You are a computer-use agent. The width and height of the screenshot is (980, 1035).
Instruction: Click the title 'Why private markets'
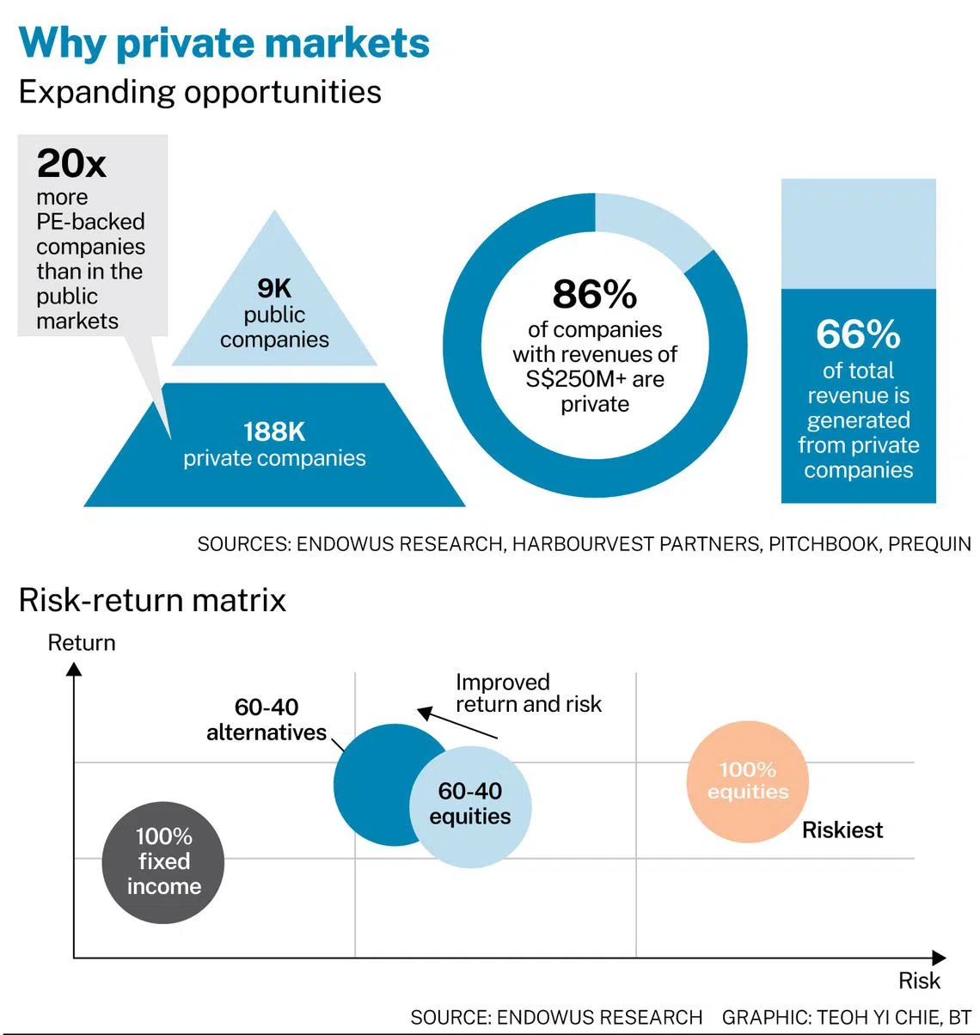click(x=224, y=43)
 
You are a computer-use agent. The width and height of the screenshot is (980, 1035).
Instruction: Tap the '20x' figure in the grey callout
click(x=71, y=162)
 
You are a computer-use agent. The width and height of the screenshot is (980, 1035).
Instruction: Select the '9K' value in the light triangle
click(x=274, y=289)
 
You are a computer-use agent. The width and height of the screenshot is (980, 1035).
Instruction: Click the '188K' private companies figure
click(x=274, y=432)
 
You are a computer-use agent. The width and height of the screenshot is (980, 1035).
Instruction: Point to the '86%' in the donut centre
click(x=595, y=294)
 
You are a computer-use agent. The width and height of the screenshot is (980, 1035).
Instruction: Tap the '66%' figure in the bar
click(x=858, y=334)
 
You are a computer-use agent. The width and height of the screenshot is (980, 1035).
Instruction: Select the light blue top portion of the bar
click(x=858, y=233)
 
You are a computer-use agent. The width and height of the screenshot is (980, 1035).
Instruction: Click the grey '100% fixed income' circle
click(x=163, y=861)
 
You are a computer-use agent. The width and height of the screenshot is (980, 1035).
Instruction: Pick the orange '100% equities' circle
click(x=748, y=781)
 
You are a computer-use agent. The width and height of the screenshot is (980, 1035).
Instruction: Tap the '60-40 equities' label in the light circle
click(x=470, y=804)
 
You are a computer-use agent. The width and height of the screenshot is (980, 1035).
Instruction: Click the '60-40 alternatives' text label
click(x=266, y=720)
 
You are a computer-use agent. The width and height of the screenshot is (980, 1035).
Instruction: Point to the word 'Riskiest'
click(x=842, y=830)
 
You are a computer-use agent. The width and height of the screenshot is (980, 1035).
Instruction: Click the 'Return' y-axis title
click(x=82, y=643)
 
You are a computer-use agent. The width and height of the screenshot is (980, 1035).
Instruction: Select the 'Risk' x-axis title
click(x=919, y=981)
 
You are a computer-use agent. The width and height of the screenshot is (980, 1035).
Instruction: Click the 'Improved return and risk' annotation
click(x=528, y=693)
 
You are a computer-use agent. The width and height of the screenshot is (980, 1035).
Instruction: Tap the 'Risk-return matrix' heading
click(x=152, y=599)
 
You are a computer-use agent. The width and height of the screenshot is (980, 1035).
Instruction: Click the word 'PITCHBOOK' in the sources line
click(x=824, y=544)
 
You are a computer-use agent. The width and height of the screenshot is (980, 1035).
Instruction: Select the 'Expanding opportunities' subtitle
click(x=200, y=92)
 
